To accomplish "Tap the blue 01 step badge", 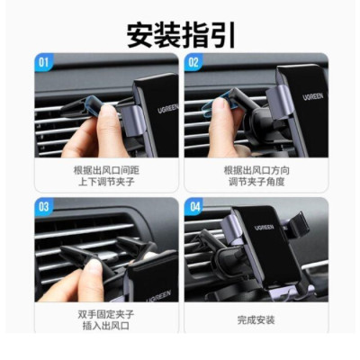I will click(44, 63).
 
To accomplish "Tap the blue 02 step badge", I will click(193, 63).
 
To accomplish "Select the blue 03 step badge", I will click(44, 206).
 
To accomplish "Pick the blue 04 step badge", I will click(193, 206).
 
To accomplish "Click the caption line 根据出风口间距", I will click(106, 169).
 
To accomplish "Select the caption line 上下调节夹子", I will click(106, 183).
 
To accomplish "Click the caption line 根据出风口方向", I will click(256, 169).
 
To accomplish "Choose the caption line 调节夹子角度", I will click(256, 183).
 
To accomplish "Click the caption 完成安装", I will click(256, 319).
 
